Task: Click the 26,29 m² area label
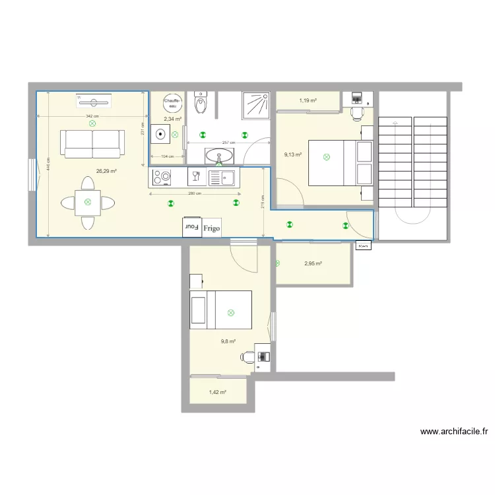(x=106, y=171)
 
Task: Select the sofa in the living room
(x=92, y=143)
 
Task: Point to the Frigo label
(x=212, y=226)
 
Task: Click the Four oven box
(x=192, y=226)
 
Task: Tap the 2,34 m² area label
(x=173, y=119)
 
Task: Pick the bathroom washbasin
(x=218, y=156)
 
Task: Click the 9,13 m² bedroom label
(x=293, y=155)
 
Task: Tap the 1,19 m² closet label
(x=308, y=101)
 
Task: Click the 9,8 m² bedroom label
(x=228, y=341)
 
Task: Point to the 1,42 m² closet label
(x=217, y=392)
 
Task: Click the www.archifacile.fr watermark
(x=454, y=432)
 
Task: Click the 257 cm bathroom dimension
(x=228, y=143)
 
